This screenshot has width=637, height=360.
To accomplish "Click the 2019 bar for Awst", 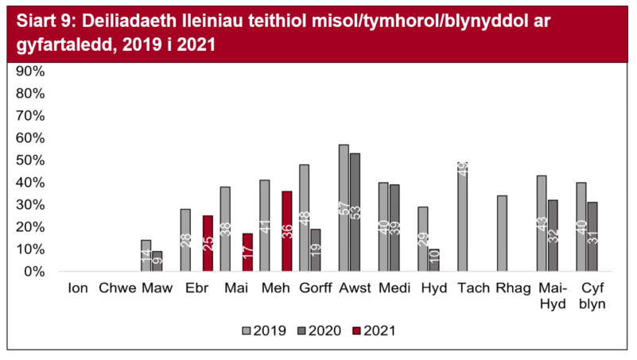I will [344, 208].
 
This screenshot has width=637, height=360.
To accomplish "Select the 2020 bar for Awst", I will [355, 212].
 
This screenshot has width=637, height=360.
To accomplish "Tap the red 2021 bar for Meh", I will [286, 231].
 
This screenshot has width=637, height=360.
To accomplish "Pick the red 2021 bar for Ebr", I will [208, 243].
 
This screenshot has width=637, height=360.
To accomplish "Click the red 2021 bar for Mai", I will [247, 252].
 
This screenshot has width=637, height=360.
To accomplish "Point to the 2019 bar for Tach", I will [462, 217].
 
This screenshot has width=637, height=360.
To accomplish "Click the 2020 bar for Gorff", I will [315, 250].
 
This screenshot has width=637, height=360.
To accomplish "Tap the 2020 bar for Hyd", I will [433, 260].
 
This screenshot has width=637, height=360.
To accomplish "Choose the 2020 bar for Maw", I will [157, 261].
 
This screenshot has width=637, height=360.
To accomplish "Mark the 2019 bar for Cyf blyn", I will [581, 227].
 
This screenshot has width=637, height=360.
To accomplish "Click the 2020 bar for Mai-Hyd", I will [552, 236].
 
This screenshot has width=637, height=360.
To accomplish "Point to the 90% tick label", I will [32, 71].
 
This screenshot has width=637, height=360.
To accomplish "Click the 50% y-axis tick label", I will [32, 160].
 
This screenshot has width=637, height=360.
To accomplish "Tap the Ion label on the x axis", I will [79, 288].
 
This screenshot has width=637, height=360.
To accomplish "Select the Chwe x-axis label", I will [117, 288].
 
